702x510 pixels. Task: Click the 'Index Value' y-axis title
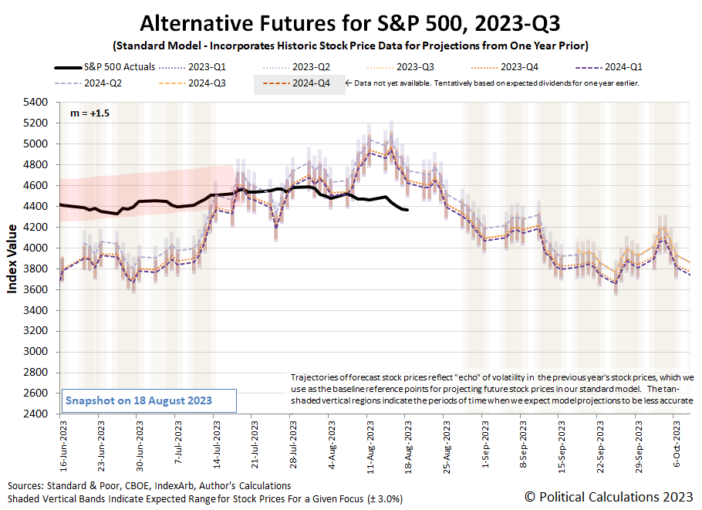13,258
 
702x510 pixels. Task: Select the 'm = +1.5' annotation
80,113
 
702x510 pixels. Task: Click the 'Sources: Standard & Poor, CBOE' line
149,485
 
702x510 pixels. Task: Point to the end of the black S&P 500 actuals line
408,210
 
